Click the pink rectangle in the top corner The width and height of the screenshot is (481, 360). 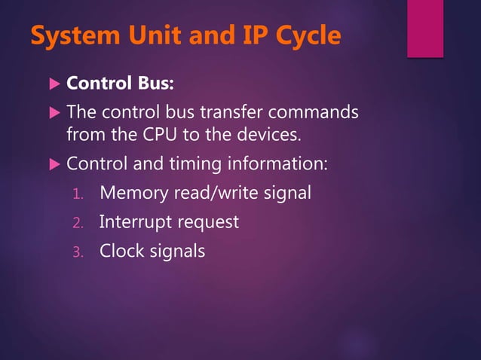425,28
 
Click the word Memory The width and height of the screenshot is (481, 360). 133,193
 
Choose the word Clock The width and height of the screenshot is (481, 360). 120,251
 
